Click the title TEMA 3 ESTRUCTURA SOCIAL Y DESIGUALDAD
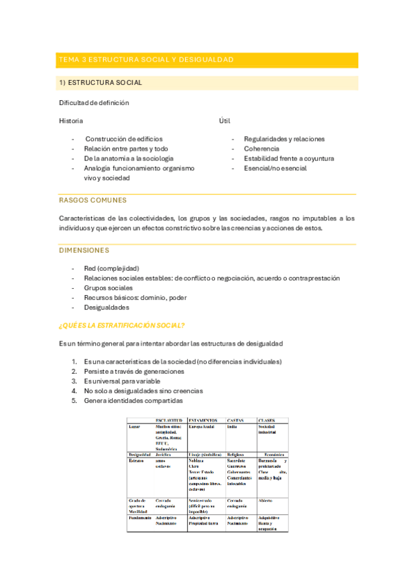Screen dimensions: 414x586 pos(146,60)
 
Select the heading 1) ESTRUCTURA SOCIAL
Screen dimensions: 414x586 pos(101,83)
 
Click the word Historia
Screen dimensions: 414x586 pos(71,121)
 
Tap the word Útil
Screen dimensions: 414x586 pos(225,121)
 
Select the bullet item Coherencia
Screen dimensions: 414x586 pos(261,149)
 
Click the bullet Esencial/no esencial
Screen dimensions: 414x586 pos(275,168)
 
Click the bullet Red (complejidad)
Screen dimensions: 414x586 pos(111,268)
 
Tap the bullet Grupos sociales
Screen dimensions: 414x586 pos(109,287)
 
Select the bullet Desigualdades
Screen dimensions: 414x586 pos(107,308)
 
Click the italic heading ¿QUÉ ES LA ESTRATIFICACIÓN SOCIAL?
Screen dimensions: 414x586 pos(131,325)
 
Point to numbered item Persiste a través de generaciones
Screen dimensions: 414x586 pos(134,371)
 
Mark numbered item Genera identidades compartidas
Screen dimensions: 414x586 pos(133,400)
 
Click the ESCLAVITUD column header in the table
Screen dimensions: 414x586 pos(169,420)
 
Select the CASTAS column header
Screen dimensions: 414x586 pos(236,420)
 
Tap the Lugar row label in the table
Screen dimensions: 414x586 pos(134,426)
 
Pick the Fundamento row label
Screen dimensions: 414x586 pos(140,517)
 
